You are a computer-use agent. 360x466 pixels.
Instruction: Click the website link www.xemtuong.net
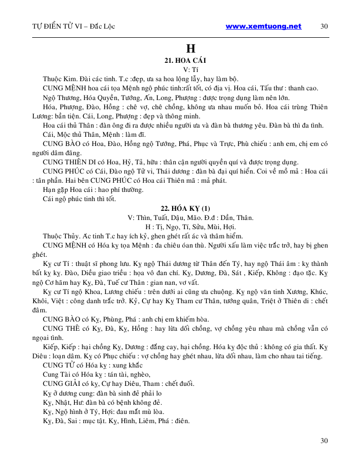point(263,26)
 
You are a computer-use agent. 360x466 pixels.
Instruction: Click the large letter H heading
point(190,50)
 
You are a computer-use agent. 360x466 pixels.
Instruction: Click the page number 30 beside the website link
point(324,27)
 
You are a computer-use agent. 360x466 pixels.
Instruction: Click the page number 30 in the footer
point(324,440)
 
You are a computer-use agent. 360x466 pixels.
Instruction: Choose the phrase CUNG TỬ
point(60,365)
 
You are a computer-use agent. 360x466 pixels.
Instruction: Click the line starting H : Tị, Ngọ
point(190,227)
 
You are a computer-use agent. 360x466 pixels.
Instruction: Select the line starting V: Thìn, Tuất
point(190,217)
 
